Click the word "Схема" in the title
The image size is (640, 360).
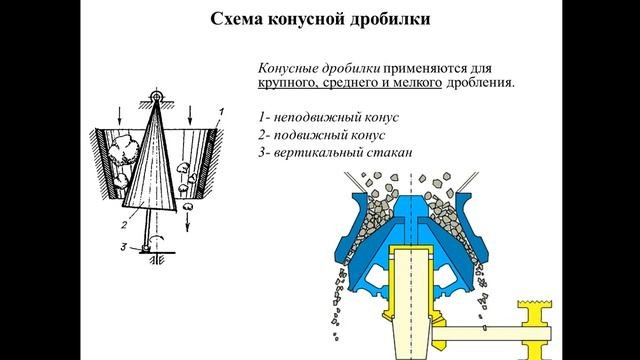(x=236, y=19)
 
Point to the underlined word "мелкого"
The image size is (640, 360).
(x=417, y=83)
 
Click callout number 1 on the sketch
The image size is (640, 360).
(x=221, y=111)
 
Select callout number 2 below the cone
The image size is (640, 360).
(x=124, y=224)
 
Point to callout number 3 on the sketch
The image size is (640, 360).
(x=124, y=247)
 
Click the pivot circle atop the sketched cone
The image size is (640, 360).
(x=156, y=96)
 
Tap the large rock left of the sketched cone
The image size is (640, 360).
(x=124, y=150)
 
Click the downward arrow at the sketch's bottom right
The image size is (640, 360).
(x=188, y=223)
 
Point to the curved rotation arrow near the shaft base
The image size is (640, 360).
(x=157, y=238)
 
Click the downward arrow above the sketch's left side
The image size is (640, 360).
(x=120, y=116)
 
